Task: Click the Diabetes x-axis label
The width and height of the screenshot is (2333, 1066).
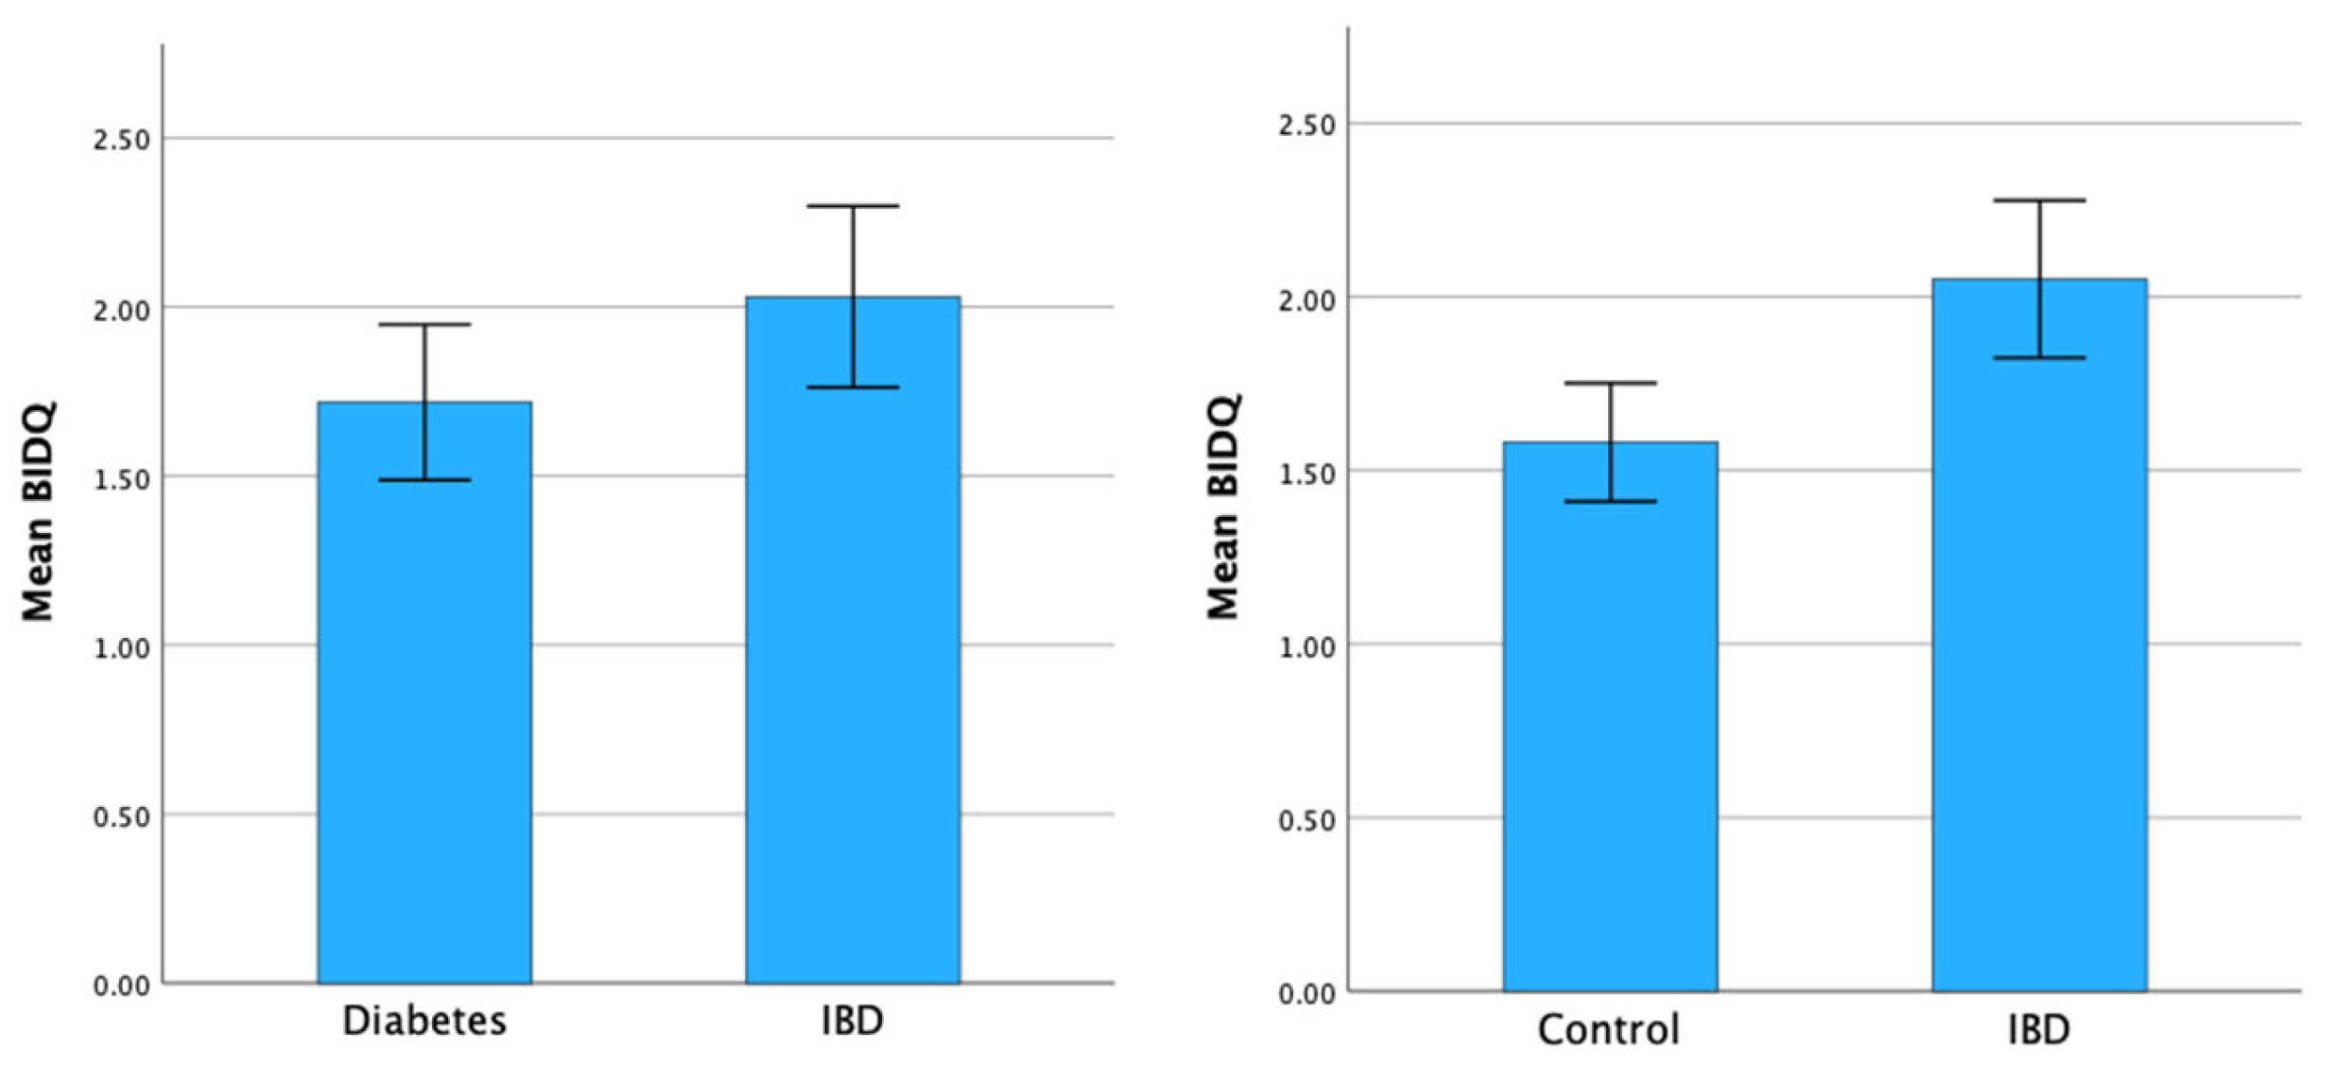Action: pos(424,1021)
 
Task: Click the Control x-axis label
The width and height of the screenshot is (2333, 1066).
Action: pos(1609,1028)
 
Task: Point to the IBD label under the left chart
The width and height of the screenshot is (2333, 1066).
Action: pos(853,1021)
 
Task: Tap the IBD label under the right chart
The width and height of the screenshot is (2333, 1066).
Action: pos(2039,1028)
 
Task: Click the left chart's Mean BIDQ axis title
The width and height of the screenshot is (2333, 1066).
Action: pos(39,511)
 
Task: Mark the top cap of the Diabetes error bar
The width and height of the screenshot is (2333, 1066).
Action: pos(424,324)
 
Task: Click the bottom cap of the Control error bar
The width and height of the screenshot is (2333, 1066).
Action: pos(1610,501)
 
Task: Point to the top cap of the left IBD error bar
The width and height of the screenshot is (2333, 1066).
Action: pos(853,205)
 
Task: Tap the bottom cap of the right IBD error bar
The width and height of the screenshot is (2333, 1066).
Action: pos(2039,357)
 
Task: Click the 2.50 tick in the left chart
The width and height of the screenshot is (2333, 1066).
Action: pos(122,140)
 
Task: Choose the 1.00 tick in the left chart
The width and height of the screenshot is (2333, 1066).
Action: pos(122,648)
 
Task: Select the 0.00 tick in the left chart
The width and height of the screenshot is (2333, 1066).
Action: pos(122,986)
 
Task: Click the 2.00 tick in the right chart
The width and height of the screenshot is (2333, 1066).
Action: pos(1306,300)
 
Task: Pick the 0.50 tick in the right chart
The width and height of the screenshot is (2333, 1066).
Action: pos(1306,819)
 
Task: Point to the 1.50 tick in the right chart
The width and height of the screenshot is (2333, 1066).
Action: pos(1306,473)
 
